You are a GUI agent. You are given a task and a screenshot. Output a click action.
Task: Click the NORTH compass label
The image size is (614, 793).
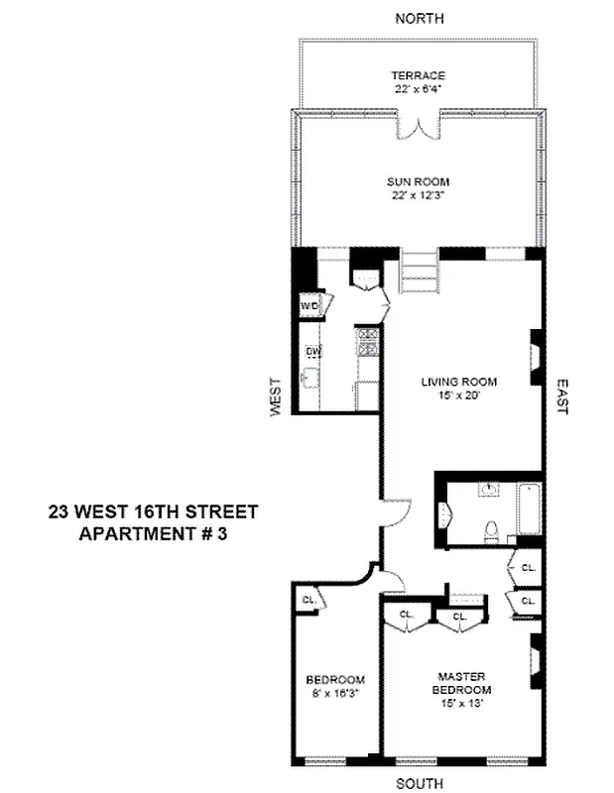coord(419,18)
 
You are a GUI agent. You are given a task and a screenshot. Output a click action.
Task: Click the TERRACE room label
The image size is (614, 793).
coord(418,75)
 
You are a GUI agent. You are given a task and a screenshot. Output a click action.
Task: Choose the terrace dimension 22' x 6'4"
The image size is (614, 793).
coord(418,88)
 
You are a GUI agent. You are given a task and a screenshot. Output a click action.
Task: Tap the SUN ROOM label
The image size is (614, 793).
coord(418,181)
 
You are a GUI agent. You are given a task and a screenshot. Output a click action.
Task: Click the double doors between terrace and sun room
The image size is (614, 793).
coord(418,129)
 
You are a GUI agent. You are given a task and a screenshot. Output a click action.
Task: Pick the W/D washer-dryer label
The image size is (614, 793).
coord(310,306)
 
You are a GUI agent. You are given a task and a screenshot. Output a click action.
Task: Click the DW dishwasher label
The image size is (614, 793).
coord(311,351)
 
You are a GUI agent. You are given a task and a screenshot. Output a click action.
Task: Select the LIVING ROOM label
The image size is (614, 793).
coord(457,381)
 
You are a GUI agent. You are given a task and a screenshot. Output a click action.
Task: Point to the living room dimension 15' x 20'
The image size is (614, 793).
coord(457,394)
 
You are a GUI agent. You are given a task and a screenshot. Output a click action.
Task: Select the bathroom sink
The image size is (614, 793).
coord(489,490)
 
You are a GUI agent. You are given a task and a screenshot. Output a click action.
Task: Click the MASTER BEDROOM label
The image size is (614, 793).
coord(463,683)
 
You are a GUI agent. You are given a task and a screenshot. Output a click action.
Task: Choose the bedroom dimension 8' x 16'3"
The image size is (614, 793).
coord(335,693)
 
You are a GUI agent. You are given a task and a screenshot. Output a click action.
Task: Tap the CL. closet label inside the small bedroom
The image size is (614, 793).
coord(308,600)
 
